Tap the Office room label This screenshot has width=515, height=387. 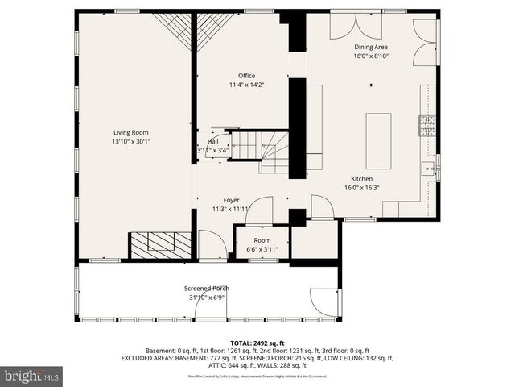point(246,76)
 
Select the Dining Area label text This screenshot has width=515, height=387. point(371,47)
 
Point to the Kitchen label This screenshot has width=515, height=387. point(361,178)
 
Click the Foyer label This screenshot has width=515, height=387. point(231,199)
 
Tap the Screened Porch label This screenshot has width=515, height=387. point(206,288)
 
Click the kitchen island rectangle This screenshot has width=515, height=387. point(378,140)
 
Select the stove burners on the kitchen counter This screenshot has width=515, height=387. point(426,125)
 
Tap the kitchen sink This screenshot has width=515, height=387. point(426,169)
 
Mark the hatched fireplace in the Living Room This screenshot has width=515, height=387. point(160,245)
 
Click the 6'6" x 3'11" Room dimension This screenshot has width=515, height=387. point(262,249)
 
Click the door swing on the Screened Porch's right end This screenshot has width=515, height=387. point(325,302)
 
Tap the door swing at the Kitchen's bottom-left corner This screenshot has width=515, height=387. point(322,206)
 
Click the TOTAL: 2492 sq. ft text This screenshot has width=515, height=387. point(257,342)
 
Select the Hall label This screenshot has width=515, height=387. point(212,141)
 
